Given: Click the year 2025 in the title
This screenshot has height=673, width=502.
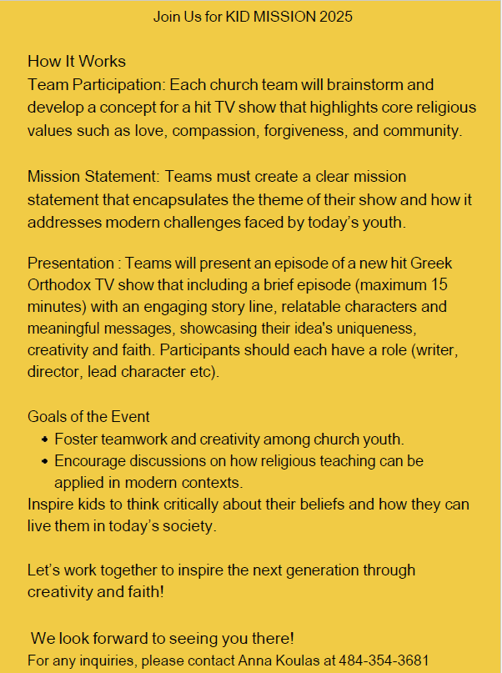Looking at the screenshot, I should [336, 17].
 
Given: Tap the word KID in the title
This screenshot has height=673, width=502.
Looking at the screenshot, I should [238, 17].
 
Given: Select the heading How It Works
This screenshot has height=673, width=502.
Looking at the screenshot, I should [77, 62].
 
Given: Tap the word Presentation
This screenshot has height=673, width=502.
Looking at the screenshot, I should [69, 263].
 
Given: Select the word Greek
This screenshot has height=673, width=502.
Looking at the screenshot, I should [431, 263].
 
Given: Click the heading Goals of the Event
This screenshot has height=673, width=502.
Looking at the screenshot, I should [88, 417].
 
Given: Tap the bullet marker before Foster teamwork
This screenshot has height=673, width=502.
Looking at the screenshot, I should [43, 439].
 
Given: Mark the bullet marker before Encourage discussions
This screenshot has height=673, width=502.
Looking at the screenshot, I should [43, 460].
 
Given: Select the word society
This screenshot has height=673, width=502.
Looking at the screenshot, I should [190, 526].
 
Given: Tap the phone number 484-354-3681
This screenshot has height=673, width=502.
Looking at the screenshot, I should [389, 660].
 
